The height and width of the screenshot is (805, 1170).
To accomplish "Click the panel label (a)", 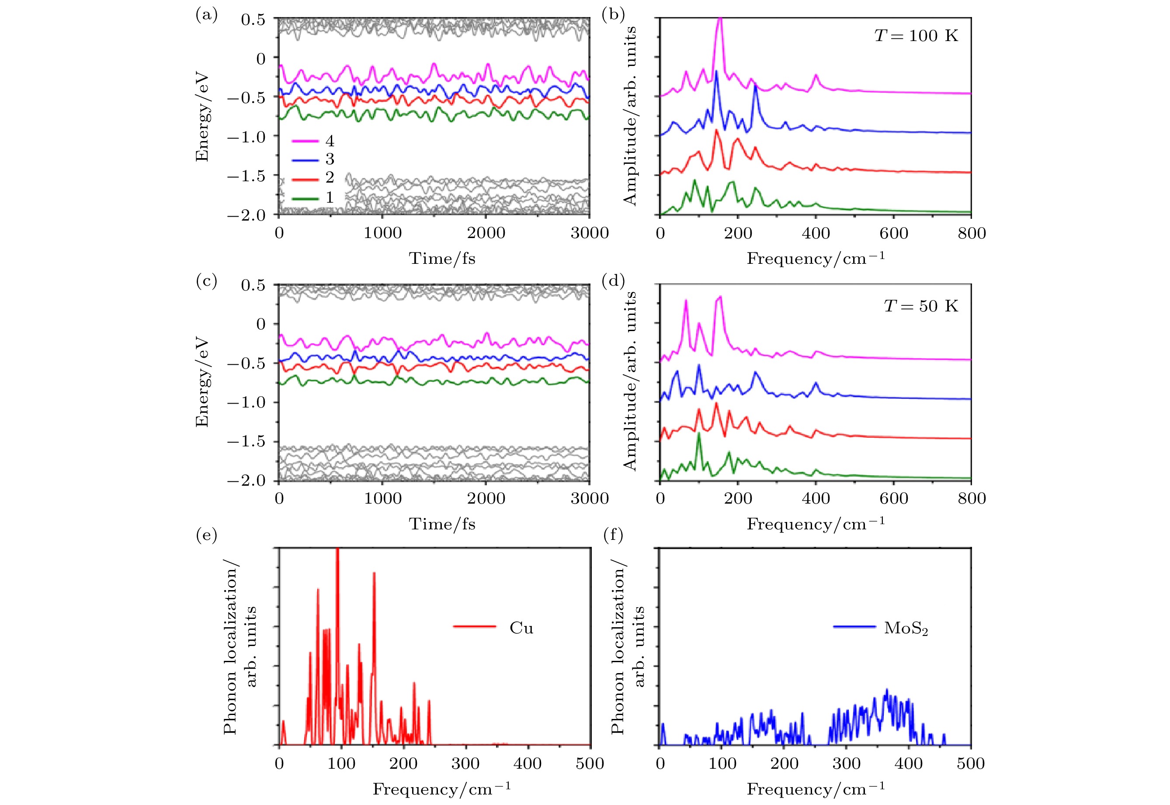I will [x=206, y=15].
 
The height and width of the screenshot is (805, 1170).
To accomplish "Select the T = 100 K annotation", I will [x=916, y=36].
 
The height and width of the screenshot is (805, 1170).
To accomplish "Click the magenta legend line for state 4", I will [x=306, y=141].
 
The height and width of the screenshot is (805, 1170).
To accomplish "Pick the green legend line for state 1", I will [x=306, y=198].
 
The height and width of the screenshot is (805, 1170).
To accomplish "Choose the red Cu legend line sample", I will [x=475, y=627].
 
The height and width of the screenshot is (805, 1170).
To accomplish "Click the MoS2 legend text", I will [x=906, y=629].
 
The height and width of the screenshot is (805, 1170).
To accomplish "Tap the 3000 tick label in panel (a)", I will [x=589, y=233].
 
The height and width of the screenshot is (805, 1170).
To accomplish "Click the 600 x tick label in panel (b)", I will [x=893, y=233].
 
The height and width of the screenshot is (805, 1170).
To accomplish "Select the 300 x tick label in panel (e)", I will [x=465, y=764].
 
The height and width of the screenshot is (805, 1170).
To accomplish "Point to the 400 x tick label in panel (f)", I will [x=909, y=764].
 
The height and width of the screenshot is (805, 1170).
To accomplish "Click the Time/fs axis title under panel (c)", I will [x=442, y=524].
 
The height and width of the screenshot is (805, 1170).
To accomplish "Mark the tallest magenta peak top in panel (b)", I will [x=720, y=19].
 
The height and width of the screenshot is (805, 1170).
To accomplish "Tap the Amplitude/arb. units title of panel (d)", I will [x=630, y=381].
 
